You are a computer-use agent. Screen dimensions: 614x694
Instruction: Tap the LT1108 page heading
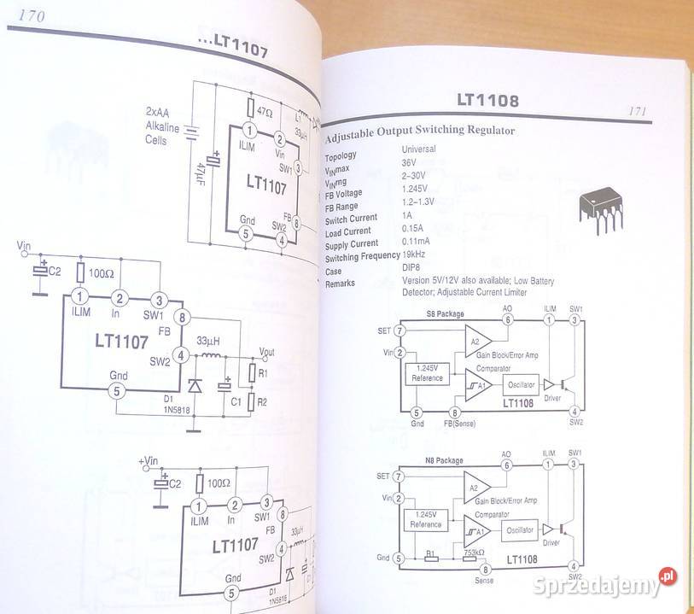[487, 102]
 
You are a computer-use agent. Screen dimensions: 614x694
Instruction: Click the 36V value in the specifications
[411, 161]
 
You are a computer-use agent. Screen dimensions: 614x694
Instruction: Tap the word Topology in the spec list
[341, 156]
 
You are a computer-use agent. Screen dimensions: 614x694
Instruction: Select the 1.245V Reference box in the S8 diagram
[427, 372]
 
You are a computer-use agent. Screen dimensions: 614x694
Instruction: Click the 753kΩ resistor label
[474, 553]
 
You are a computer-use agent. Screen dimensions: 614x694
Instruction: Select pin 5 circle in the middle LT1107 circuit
[120, 390]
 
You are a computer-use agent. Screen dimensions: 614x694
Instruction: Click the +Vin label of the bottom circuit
[148, 461]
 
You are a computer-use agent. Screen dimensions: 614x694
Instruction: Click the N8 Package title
[445, 460]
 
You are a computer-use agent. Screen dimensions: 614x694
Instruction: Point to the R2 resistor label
[262, 401]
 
